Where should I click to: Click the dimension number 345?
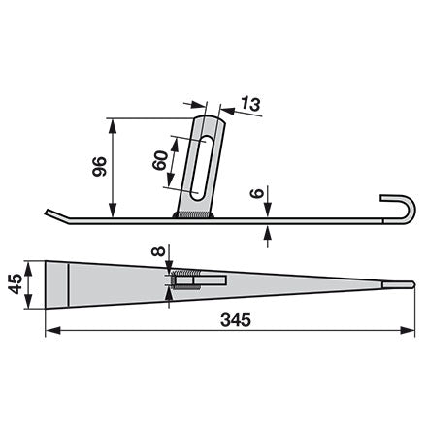(236, 320)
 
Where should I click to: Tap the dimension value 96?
(99, 166)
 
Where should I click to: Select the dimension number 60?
(160, 160)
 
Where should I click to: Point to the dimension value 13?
(250, 104)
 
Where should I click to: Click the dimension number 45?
(16, 283)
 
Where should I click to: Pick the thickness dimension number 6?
(257, 194)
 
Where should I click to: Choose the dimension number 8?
(158, 251)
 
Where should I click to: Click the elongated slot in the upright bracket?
(202, 168)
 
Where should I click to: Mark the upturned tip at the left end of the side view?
(56, 215)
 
